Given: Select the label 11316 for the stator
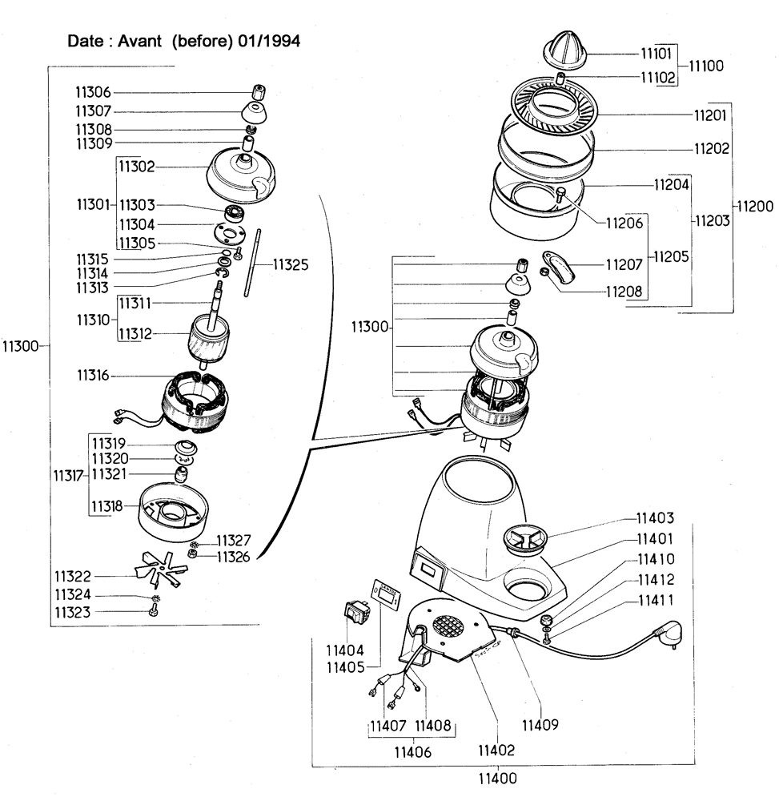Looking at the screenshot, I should [x=94, y=376].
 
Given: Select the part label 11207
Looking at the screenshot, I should [x=624, y=264].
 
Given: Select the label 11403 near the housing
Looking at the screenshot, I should [x=655, y=518].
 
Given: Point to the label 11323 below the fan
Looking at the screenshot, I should [x=72, y=613].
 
